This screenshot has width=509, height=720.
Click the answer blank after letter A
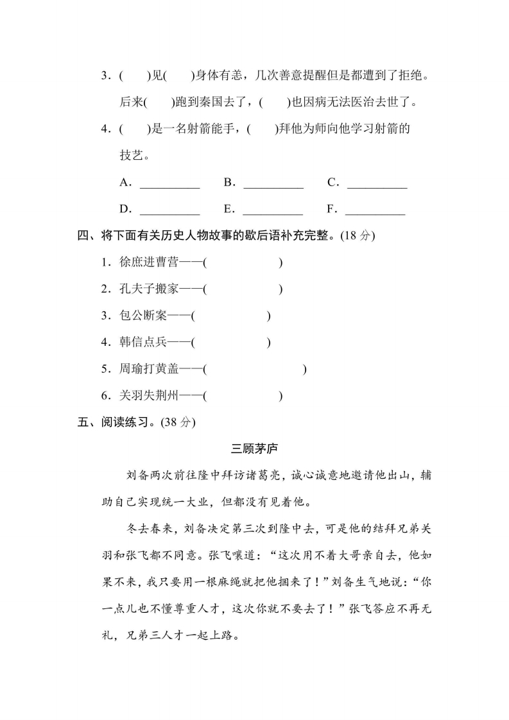pos(169,184)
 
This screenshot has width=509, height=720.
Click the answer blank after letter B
pos(273,184)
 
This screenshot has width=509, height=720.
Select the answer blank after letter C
pos(377,184)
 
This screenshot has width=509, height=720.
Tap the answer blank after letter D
pos(169,210)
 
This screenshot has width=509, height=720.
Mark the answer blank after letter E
pos(273,210)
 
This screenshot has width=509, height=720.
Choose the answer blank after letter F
pos(375,210)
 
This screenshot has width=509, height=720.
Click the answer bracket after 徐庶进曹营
pos(242,262)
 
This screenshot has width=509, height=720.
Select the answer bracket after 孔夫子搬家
pos(242,289)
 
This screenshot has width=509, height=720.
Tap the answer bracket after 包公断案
pos(231,316)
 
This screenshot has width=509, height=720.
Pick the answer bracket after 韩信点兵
pos(231,343)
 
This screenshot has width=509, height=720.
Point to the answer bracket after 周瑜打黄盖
pos(254,369)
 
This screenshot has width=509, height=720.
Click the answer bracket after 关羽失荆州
pos(242,396)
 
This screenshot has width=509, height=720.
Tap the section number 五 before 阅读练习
pos(82,422)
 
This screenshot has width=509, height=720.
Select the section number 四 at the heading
pos(82,236)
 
